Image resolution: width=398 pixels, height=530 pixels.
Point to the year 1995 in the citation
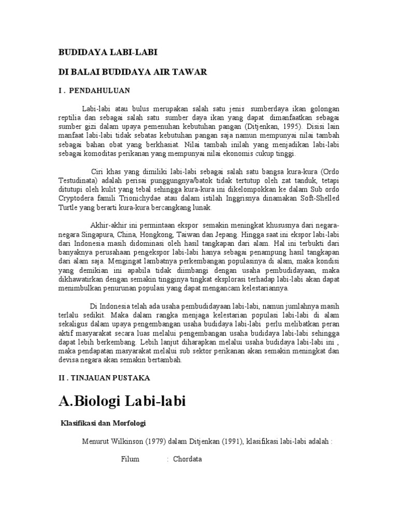pyautogui.click(x=294, y=126)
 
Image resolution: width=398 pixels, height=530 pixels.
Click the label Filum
pyautogui.click(x=130, y=459)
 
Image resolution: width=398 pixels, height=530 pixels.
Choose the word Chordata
pyautogui.click(x=187, y=459)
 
